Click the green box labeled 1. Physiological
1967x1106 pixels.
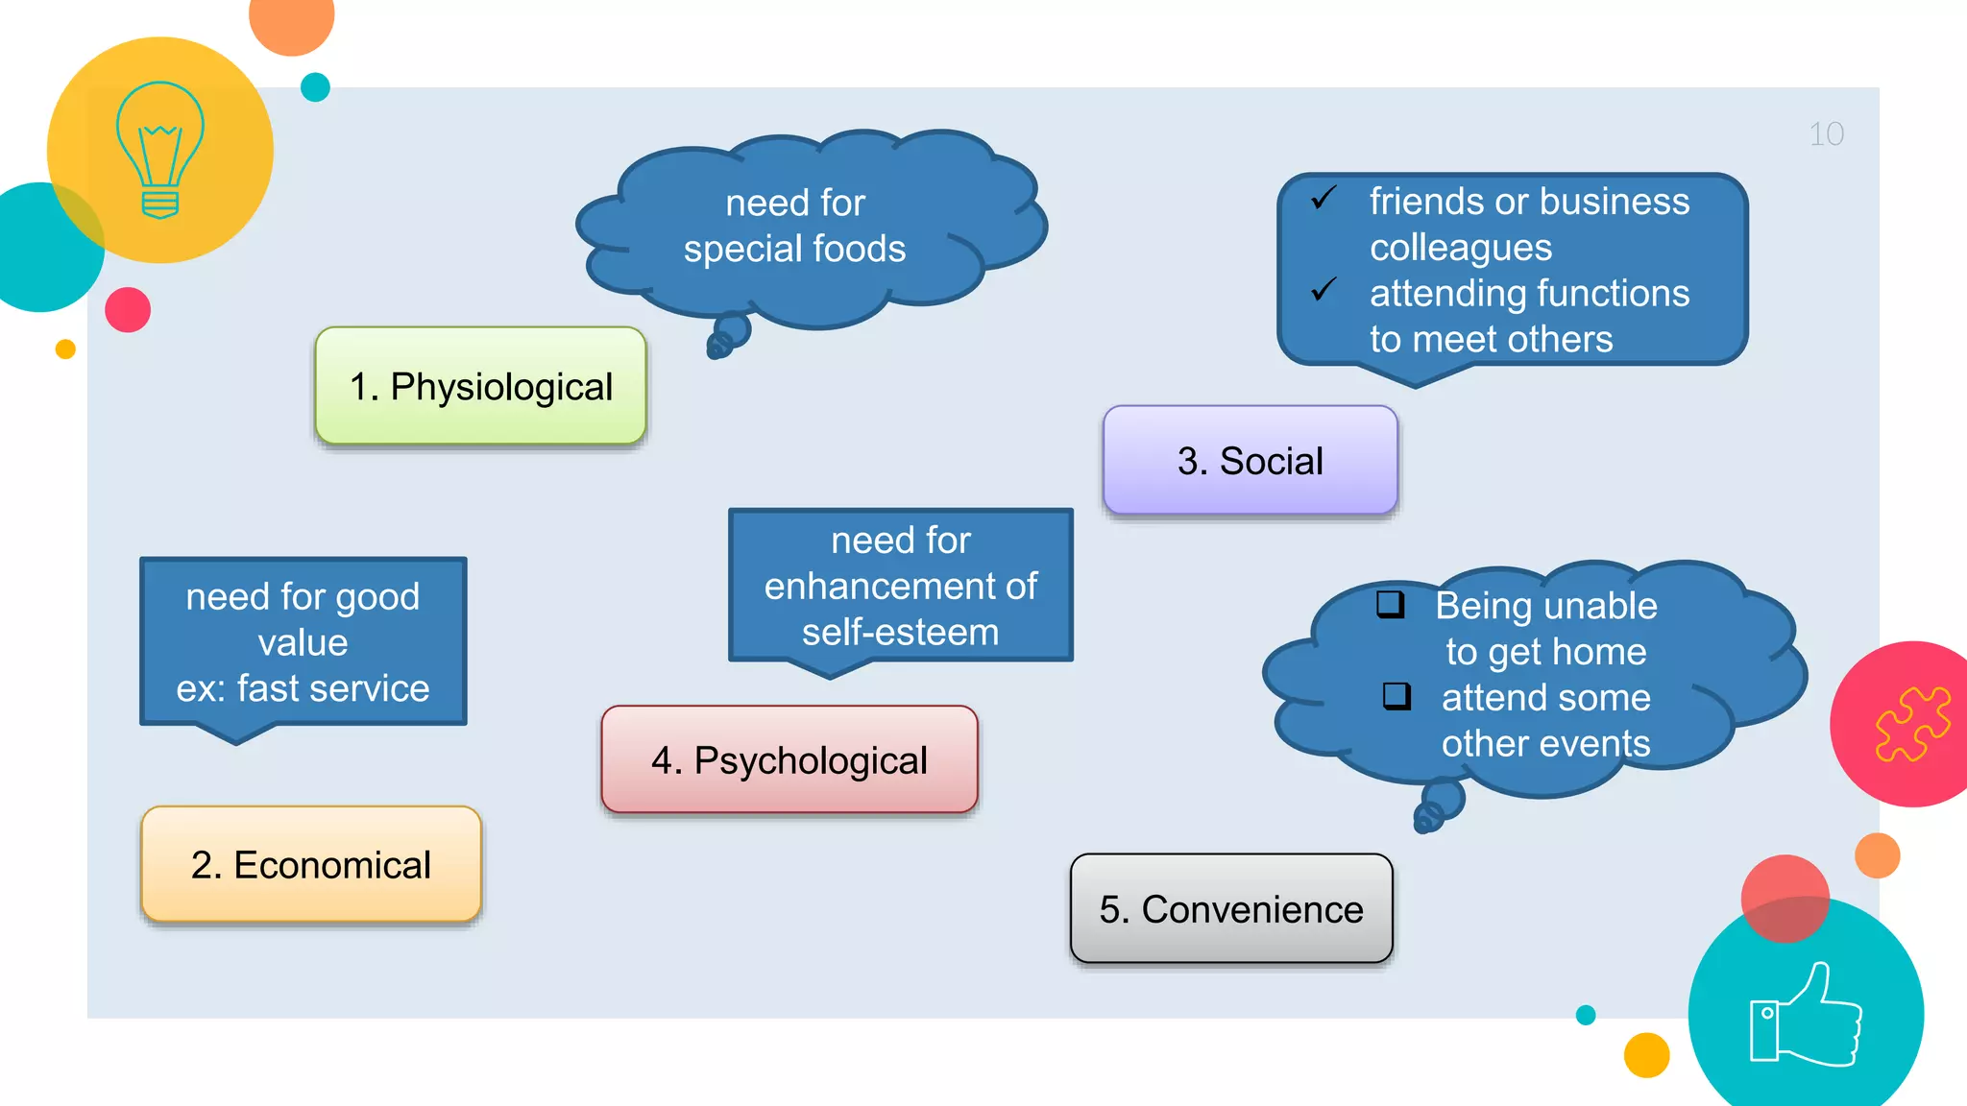480,386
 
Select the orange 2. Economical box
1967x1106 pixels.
310,864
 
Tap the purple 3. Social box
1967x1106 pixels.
1250,461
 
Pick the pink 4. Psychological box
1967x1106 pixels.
789,760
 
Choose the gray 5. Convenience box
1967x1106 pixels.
1230,909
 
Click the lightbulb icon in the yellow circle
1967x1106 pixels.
159,150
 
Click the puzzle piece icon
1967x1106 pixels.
1912,724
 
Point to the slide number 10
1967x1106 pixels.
1826,134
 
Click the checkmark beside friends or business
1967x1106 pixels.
1323,198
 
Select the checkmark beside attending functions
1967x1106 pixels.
1323,289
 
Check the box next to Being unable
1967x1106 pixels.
1390,604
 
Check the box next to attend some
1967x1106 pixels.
1396,695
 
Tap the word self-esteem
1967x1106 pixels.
900,633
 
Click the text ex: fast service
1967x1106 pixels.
303,688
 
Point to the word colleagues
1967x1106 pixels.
1460,248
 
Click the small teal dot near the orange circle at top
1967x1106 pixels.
315,87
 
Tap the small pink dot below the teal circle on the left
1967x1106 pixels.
128,310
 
